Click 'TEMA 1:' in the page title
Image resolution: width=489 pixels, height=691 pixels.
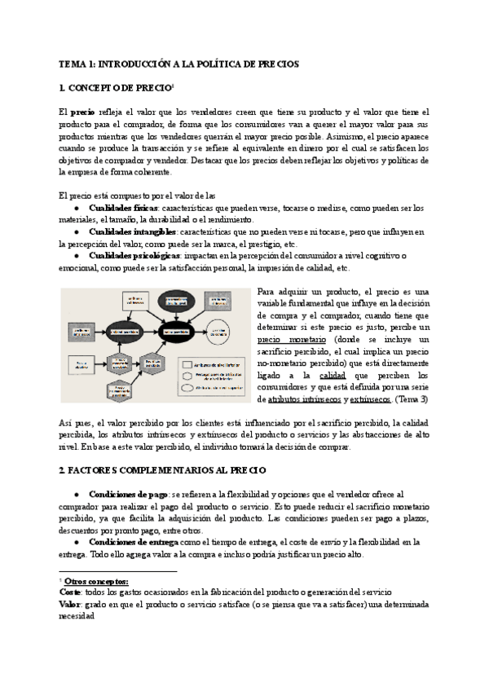(79, 63)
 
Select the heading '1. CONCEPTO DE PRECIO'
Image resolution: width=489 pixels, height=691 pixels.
(113, 87)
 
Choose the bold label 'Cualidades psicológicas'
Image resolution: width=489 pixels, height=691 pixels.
(132, 256)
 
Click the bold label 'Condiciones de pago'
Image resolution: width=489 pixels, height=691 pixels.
(128, 495)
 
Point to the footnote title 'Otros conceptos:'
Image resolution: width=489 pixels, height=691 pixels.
(95, 581)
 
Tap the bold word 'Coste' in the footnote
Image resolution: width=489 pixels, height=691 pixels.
(71, 592)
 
